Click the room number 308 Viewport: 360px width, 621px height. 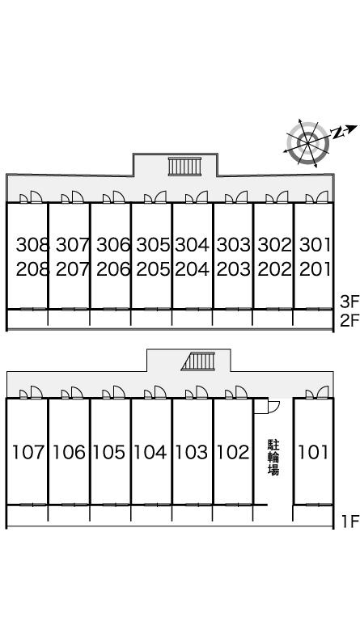[x=32, y=245]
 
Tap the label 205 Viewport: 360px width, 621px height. [x=153, y=269]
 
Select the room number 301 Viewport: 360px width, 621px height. [x=315, y=245]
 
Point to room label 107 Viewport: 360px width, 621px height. [x=28, y=452]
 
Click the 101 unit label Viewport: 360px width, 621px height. [x=313, y=452]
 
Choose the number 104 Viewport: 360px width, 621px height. [x=150, y=452]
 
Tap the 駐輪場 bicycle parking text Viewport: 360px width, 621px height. [x=273, y=457]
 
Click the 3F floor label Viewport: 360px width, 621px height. [x=349, y=302]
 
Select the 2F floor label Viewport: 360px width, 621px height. [x=349, y=319]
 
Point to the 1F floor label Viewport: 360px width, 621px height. [x=350, y=522]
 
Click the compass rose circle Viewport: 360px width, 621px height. [x=307, y=142]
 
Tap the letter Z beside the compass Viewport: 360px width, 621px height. [x=337, y=133]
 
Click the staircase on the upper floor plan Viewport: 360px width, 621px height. [x=184, y=167]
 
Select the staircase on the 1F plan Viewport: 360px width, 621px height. [x=198, y=361]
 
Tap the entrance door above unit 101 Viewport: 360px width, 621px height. [x=317, y=391]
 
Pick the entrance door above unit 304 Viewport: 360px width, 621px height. [x=197, y=196]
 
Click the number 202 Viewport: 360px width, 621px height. [x=274, y=269]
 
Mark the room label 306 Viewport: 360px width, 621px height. [x=113, y=245]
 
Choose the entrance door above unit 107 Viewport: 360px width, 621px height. [x=31, y=391]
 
